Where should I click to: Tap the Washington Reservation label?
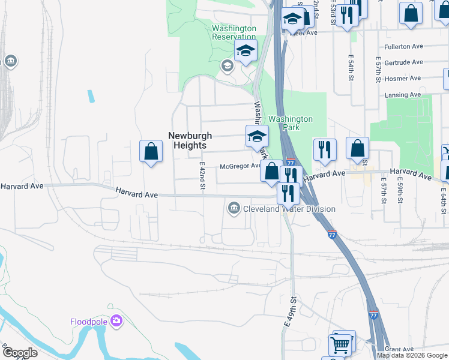click(234, 32)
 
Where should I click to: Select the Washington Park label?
click(290, 123)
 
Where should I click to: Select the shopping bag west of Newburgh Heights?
click(151, 152)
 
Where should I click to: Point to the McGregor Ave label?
click(240, 166)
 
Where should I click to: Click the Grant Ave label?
click(400, 349)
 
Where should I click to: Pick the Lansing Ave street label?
click(403, 95)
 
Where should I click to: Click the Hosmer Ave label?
click(403, 79)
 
